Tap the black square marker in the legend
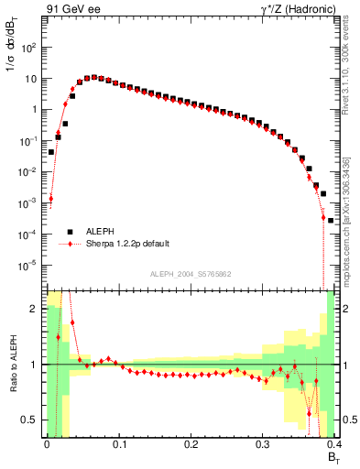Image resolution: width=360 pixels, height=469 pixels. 68,232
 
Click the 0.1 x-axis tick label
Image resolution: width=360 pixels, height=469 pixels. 118,444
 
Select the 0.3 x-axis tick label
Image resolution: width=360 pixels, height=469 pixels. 262,444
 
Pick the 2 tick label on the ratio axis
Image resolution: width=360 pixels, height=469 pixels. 35,309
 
